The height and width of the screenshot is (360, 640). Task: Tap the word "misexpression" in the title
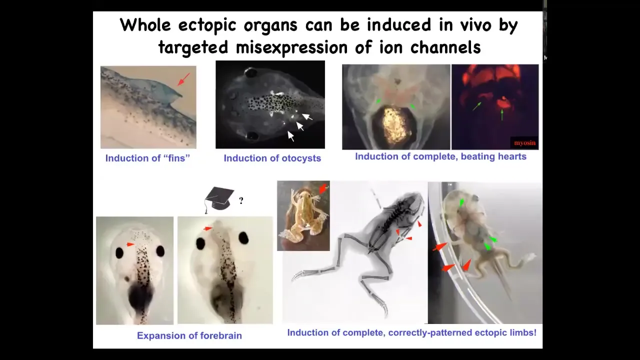(x=291, y=47)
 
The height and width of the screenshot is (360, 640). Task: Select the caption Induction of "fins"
(x=147, y=158)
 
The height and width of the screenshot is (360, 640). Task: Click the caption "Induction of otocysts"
(x=272, y=158)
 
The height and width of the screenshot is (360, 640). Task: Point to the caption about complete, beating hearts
(x=440, y=156)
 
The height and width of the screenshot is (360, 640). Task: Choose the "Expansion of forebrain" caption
(x=189, y=335)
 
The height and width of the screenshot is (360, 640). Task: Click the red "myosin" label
(x=525, y=143)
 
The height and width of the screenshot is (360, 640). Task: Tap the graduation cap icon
(x=219, y=199)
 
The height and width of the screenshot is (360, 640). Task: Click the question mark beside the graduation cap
(x=241, y=200)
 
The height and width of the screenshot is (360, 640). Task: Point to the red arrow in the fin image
(x=183, y=79)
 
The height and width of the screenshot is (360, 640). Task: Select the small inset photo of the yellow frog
(x=303, y=215)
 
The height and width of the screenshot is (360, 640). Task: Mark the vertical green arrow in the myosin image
(x=502, y=114)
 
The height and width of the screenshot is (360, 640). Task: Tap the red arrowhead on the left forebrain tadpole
(x=130, y=244)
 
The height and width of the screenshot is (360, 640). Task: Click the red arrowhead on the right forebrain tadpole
(x=207, y=228)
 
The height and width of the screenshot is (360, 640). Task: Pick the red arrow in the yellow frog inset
(x=323, y=188)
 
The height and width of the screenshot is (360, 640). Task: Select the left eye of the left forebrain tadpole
(x=119, y=253)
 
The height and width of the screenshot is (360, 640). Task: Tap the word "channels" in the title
(x=445, y=47)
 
